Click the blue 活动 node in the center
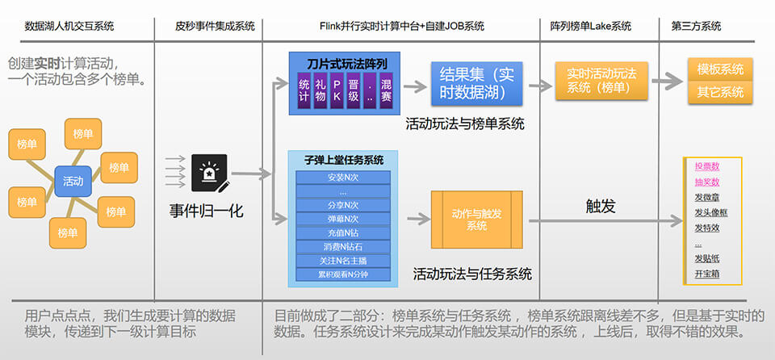click(x=73, y=181)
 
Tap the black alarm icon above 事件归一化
click(x=209, y=173)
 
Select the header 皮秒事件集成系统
click(x=215, y=26)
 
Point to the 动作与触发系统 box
click(x=476, y=219)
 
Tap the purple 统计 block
click(x=304, y=90)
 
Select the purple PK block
click(x=337, y=90)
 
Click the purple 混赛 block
click(x=386, y=90)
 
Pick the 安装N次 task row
click(x=343, y=178)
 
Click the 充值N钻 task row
click(x=343, y=232)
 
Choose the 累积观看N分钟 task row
click(x=343, y=274)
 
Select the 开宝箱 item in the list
click(x=706, y=274)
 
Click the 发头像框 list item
click(x=710, y=212)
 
